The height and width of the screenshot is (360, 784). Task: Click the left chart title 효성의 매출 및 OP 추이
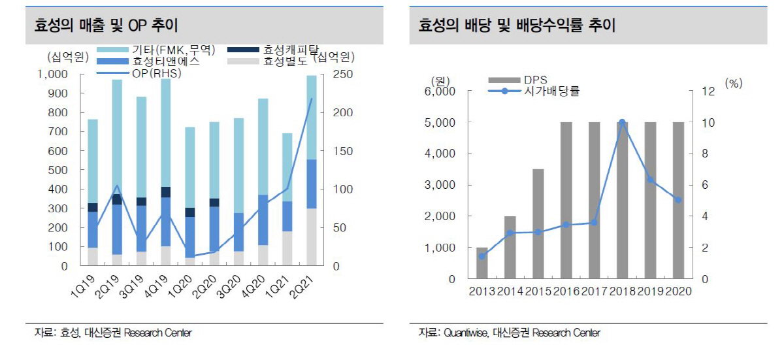(x=106, y=25)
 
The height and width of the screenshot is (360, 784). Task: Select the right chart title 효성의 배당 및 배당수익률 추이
(x=516, y=25)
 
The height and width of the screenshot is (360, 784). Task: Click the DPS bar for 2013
(x=482, y=263)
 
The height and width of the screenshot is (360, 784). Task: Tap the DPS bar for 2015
(x=538, y=223)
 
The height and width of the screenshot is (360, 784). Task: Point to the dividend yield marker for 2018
(x=622, y=122)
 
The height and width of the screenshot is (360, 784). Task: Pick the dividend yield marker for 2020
(x=678, y=199)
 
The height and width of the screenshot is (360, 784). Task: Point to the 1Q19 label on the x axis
(x=84, y=287)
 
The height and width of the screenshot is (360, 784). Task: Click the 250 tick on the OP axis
(x=343, y=74)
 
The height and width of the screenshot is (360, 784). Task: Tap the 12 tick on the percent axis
(x=708, y=91)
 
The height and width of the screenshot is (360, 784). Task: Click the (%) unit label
(x=734, y=83)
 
